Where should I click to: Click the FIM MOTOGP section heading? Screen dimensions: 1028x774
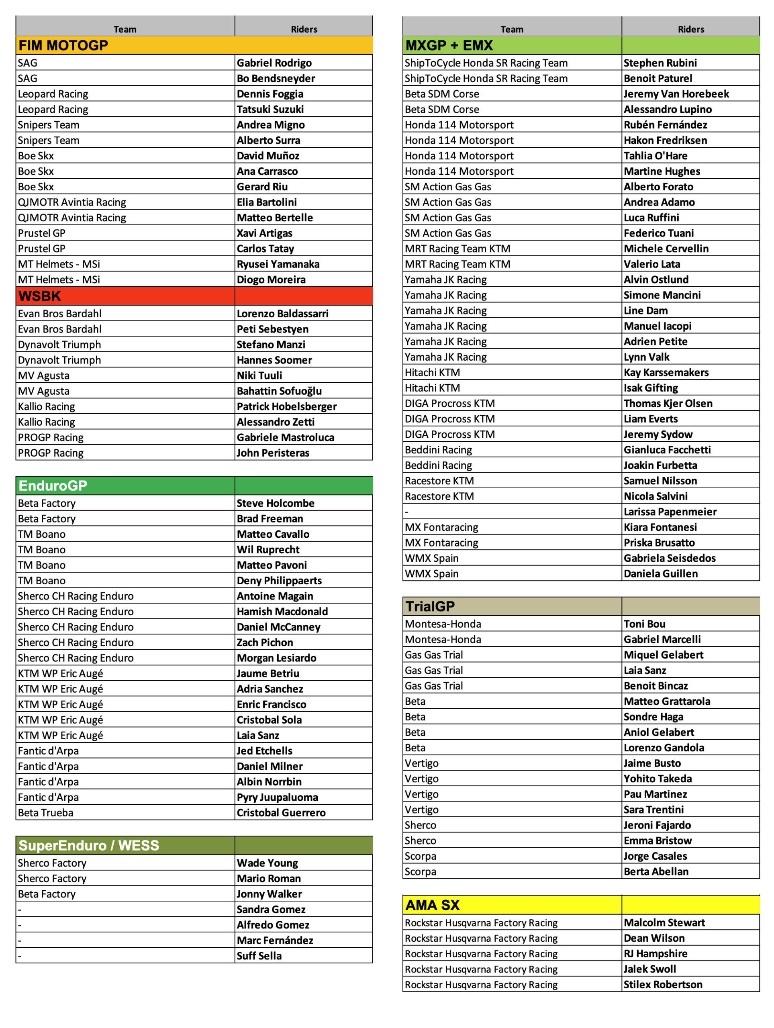coord(63,45)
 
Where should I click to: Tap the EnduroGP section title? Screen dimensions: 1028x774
coord(53,485)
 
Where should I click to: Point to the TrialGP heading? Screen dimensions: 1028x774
coord(430,606)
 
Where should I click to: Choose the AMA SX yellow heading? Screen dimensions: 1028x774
coord(432,905)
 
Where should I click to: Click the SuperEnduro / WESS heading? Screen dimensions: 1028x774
coord(89,845)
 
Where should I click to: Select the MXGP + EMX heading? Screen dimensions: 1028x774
coord(449,45)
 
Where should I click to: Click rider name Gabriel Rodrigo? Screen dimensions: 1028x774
coord(274,63)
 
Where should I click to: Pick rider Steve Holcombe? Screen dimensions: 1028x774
coord(276,503)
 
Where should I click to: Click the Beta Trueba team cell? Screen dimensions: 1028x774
coord(45,813)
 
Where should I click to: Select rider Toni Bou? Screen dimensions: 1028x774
coord(644,624)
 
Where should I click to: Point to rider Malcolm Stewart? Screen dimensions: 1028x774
coord(664,923)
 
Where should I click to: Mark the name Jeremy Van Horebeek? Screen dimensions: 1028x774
coord(676,94)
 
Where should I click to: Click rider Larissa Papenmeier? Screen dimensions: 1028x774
coord(670,512)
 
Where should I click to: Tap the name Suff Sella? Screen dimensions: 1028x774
coord(259,956)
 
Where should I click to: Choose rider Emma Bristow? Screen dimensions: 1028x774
coord(658,841)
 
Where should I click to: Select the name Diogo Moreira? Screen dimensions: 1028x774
coord(271,280)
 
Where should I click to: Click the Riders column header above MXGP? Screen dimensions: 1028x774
coord(691,29)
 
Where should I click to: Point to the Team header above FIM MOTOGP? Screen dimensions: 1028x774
coord(125,29)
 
